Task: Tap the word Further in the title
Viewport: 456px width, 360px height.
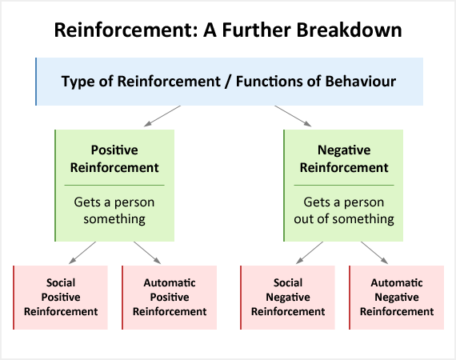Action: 257,30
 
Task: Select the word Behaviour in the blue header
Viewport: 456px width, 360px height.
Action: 361,81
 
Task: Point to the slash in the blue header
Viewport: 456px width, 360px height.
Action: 228,82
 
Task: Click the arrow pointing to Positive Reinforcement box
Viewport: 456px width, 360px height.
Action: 162,116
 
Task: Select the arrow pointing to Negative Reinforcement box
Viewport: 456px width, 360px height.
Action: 293,116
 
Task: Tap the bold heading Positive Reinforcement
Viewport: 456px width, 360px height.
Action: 114,158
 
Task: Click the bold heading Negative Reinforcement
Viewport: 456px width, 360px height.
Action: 344,158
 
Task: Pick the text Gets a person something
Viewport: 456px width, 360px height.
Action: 114,210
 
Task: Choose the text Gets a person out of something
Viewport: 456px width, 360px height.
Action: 344,210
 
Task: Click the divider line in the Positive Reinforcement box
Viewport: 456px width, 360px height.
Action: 114,185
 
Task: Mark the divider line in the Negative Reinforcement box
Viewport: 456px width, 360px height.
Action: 344,185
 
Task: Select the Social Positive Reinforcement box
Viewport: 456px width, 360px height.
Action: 61,298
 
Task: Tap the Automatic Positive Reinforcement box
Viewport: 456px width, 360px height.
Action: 170,298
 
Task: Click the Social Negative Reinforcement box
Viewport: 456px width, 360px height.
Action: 288,298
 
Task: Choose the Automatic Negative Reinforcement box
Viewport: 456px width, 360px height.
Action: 397,298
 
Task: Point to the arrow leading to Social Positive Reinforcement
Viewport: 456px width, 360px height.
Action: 82,253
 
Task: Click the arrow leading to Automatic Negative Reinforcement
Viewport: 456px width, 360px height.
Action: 374,253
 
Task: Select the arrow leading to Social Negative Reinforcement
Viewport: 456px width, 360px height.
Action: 310,253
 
